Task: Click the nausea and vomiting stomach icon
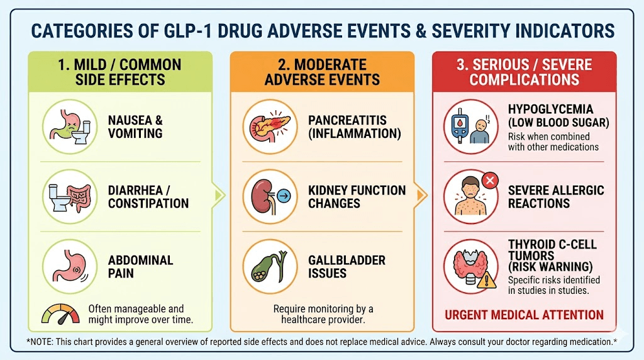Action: pos(70,126)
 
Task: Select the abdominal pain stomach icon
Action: pos(70,266)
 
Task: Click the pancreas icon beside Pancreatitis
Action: pos(269,126)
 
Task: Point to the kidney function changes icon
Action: pos(269,196)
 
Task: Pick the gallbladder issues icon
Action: pos(269,266)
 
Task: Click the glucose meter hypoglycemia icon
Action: pos(470,126)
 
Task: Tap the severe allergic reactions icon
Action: pos(470,196)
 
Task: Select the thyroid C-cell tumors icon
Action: pos(470,266)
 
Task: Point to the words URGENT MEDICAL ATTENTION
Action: pos(524,315)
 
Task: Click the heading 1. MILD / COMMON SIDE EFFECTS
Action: pos(120,72)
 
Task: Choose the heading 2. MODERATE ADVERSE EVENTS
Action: pos(322,72)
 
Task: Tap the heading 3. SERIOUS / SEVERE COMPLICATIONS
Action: pos(524,72)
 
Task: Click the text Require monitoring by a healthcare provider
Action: pos(323,314)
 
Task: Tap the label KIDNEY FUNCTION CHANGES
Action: pos(357,196)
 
